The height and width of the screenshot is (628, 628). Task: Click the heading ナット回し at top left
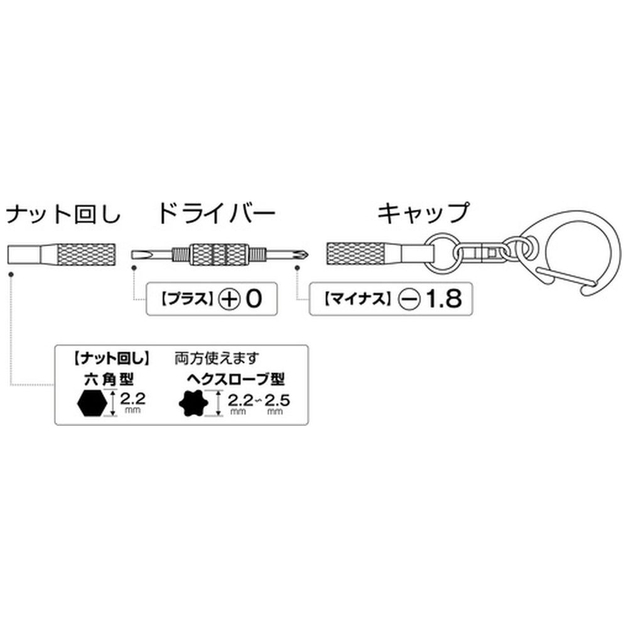pyautogui.click(x=62, y=215)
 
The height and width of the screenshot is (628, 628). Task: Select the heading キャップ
pyautogui.click(x=423, y=215)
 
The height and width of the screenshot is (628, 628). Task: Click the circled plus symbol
pyautogui.click(x=230, y=298)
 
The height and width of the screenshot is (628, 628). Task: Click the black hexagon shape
pyautogui.click(x=93, y=402)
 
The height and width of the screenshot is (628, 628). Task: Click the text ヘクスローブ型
pyautogui.click(x=235, y=379)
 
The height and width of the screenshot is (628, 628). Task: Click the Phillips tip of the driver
pyautogui.click(x=298, y=254)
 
